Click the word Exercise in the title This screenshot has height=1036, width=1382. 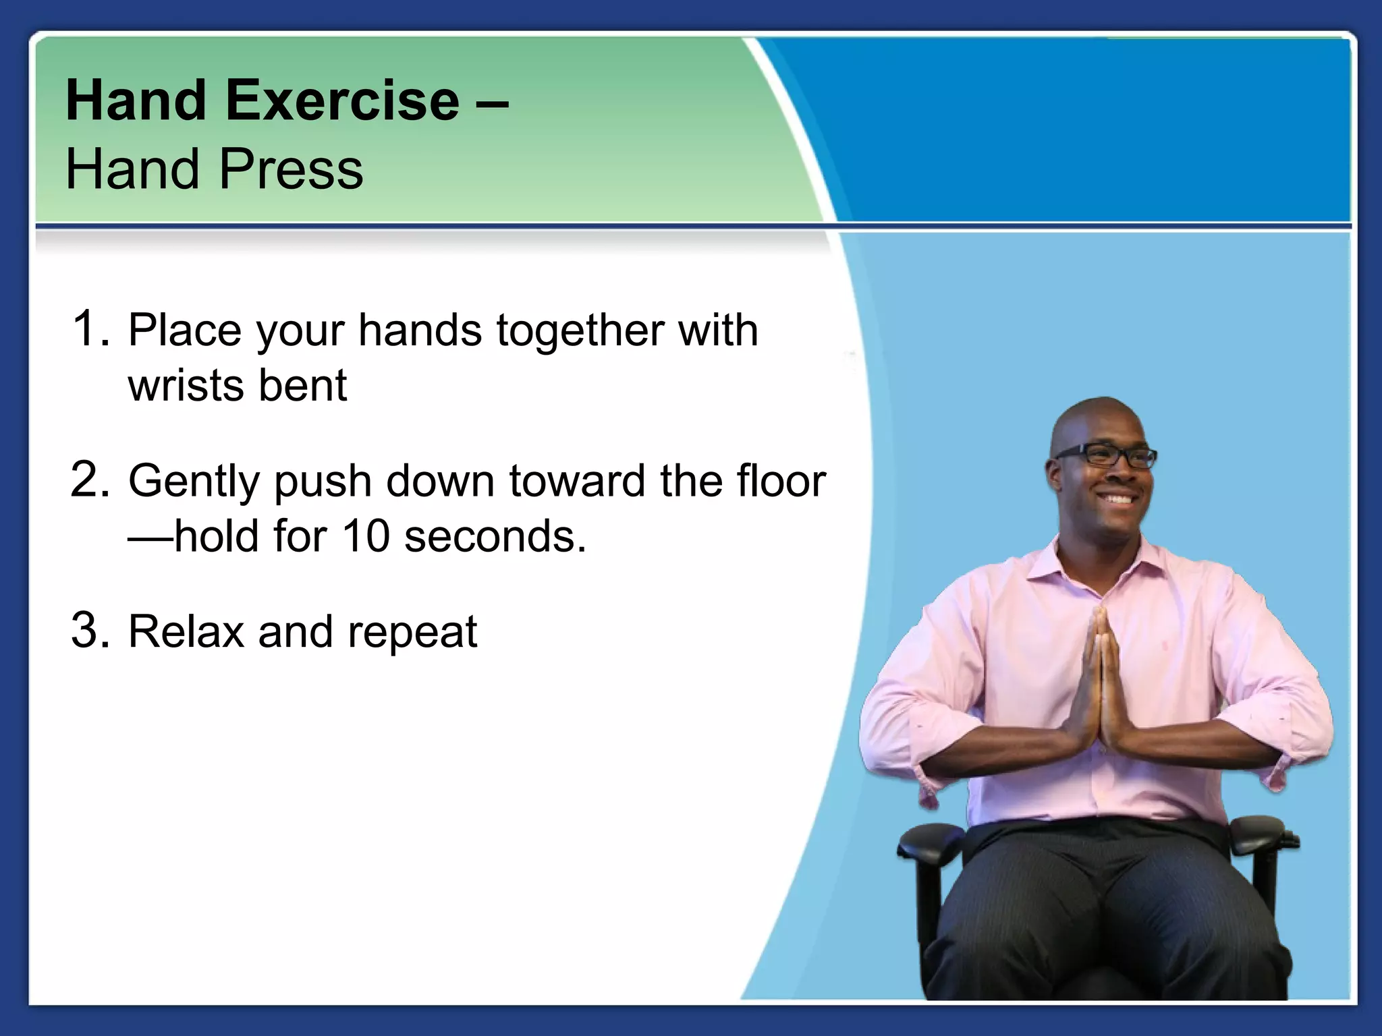pyautogui.click(x=342, y=101)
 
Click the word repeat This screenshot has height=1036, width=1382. pyautogui.click(x=412, y=634)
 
